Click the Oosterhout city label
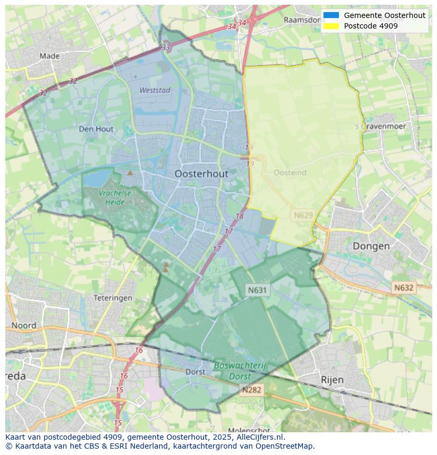(201, 173)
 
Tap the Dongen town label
(371, 246)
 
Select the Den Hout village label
(96, 128)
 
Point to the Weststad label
(155, 90)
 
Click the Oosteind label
(290, 173)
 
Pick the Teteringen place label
(112, 298)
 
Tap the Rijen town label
(332, 379)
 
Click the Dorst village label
(195, 372)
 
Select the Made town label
(50, 55)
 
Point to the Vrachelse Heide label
(115, 197)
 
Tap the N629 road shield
(303, 215)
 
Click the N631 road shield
(258, 290)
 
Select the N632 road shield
(404, 287)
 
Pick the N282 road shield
(252, 390)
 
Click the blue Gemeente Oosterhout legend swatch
(331, 15)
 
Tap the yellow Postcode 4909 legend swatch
(331, 26)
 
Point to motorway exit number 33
(166, 48)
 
